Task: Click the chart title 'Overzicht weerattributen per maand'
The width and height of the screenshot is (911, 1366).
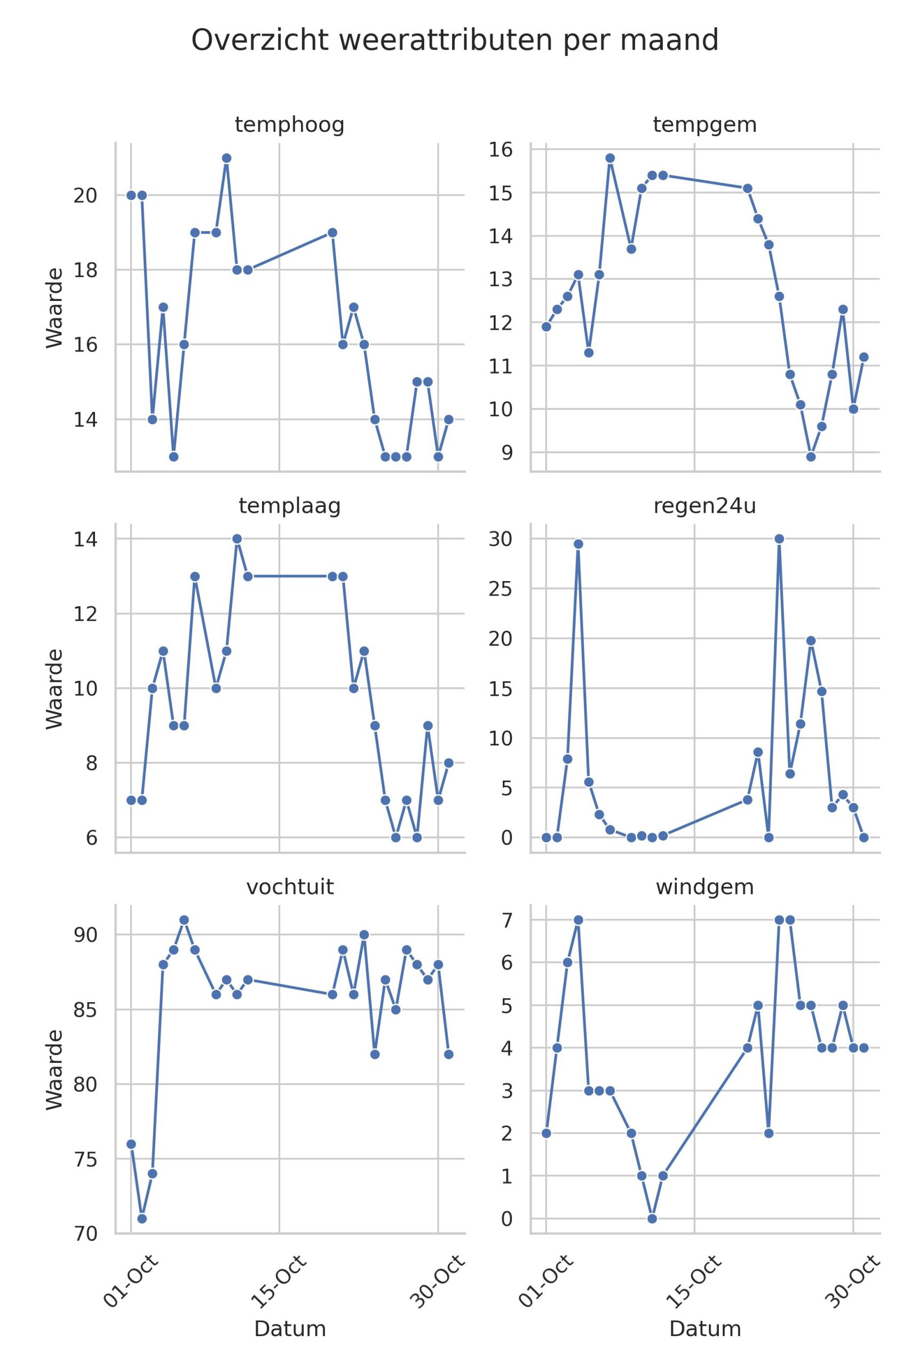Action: pos(455,41)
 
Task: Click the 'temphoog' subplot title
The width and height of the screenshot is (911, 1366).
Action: pos(289,125)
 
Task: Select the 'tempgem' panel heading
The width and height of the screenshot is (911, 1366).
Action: pos(705,125)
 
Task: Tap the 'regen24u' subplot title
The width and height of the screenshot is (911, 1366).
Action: pos(705,506)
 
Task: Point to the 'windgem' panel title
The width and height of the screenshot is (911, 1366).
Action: pos(705,887)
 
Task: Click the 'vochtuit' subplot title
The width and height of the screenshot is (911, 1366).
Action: pos(289,887)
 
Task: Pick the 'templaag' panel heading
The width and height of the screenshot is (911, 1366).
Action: pos(289,506)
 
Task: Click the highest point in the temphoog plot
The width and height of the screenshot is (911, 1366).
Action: pos(227,158)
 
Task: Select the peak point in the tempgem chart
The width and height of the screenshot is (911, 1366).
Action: pos(610,158)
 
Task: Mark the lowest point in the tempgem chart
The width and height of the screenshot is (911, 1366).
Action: pos(811,457)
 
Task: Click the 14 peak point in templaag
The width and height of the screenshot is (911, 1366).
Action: pos(237,539)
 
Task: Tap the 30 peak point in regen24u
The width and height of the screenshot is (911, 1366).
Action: pos(779,539)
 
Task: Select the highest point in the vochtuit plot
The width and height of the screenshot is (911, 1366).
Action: pos(184,920)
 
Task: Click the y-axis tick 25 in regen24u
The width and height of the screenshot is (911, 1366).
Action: pos(500,589)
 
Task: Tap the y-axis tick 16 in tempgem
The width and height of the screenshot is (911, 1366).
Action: pos(500,150)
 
